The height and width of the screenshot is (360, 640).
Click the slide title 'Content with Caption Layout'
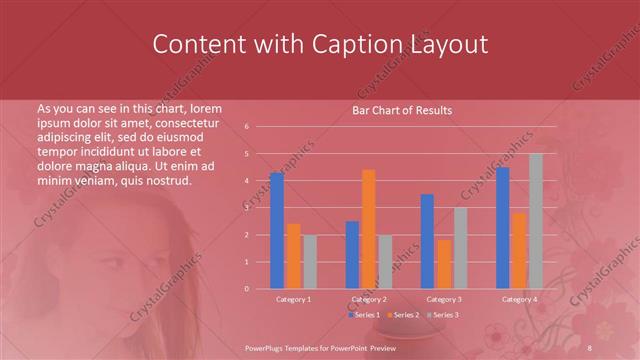click(319, 44)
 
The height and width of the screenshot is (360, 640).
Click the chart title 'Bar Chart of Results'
click(402, 110)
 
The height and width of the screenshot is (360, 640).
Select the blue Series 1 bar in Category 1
click(277, 230)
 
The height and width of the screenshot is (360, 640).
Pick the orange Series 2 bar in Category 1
click(293, 256)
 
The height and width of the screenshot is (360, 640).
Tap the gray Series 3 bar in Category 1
click(309, 261)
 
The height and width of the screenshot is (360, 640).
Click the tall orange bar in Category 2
click(368, 229)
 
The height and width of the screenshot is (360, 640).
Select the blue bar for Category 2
click(352, 254)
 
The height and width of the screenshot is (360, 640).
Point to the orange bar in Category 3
click(443, 264)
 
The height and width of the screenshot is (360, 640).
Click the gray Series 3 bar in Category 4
click(535, 221)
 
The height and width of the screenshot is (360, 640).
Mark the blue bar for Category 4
click(503, 227)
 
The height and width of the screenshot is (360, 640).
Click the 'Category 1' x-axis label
click(293, 299)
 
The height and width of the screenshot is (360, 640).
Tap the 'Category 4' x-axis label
click(519, 299)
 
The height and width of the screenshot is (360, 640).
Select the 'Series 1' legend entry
click(364, 315)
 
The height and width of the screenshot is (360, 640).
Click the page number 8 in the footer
click(591, 346)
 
